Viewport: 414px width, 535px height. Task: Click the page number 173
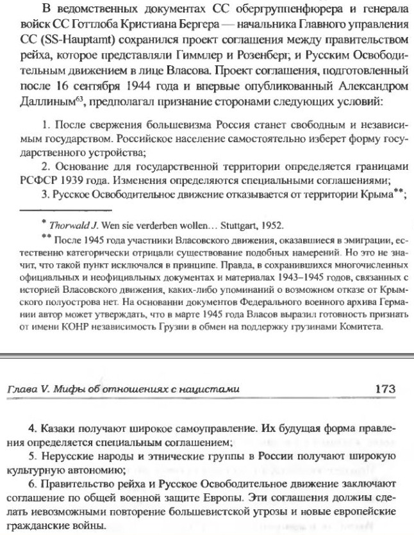point(383,389)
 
